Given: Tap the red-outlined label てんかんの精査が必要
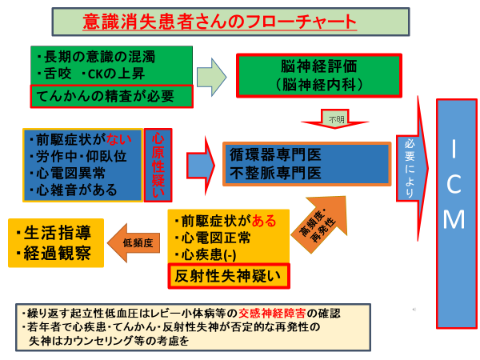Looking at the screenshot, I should (112, 96).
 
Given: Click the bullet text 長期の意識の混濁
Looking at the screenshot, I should (100, 58).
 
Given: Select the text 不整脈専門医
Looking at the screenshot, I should (276, 172).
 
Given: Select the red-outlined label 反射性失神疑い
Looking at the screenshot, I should (228, 276).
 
